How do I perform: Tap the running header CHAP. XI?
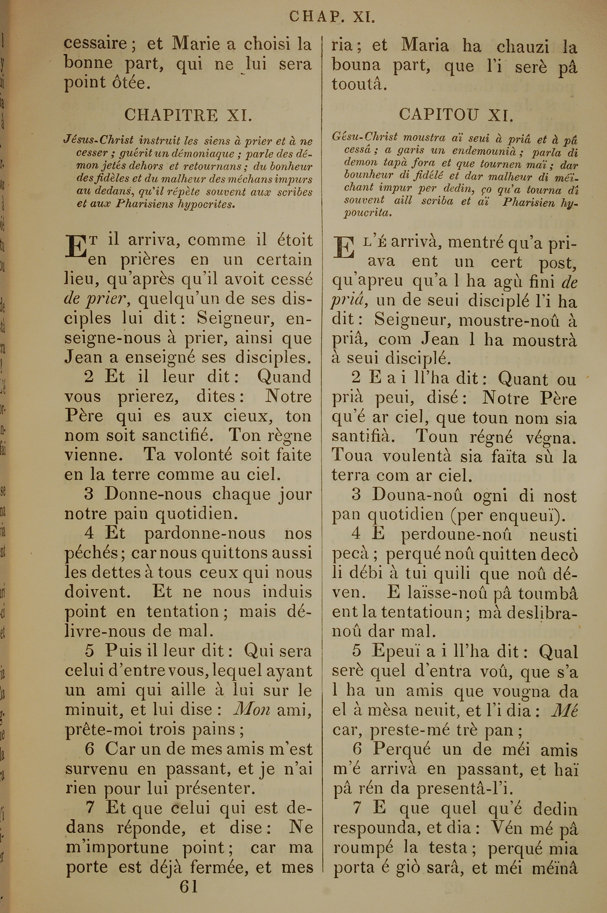pos(332,17)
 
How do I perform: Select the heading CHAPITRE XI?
pos(188,115)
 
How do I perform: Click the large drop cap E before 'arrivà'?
pos(344,248)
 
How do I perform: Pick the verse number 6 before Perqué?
pos(357,750)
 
